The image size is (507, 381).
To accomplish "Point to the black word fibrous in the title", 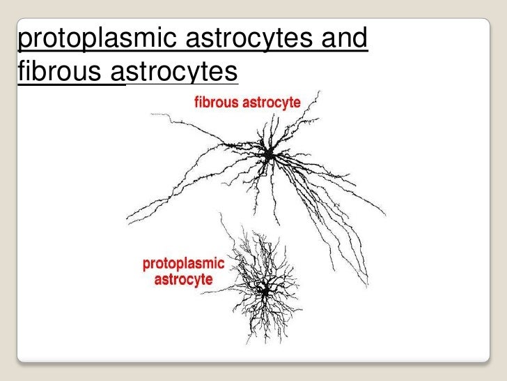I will [59, 70].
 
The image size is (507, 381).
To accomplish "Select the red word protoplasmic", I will [183, 264].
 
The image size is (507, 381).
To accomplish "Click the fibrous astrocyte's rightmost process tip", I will [385, 207].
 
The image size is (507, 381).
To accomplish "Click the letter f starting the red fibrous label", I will [195, 103].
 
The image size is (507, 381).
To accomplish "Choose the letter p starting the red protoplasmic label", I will [146, 266].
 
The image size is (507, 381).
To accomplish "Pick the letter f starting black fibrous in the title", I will [21, 70].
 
